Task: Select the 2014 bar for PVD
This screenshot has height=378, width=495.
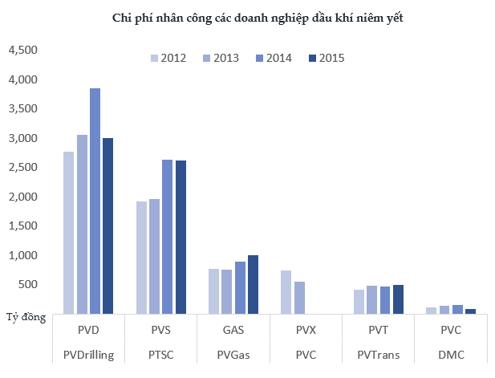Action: [95, 201]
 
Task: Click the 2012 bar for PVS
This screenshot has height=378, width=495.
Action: [141, 258]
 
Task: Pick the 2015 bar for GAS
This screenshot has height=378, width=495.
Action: [253, 284]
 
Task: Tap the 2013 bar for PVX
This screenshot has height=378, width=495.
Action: [299, 297]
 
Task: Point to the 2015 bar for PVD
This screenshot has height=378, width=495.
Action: [108, 226]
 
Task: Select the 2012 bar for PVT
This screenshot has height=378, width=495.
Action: [359, 302]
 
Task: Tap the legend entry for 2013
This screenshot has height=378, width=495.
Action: [220, 57]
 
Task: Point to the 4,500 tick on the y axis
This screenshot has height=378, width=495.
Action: [22, 51]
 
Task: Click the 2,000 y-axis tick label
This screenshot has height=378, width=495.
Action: [22, 197]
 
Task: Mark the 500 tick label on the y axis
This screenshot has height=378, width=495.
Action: [27, 284]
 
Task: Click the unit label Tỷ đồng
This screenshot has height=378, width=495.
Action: [25, 318]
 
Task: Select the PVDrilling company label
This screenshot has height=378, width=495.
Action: [88, 355]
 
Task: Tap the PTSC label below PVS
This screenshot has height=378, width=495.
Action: [160, 355]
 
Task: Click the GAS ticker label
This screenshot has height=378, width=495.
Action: [233, 330]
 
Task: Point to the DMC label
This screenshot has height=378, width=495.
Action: [451, 355]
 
